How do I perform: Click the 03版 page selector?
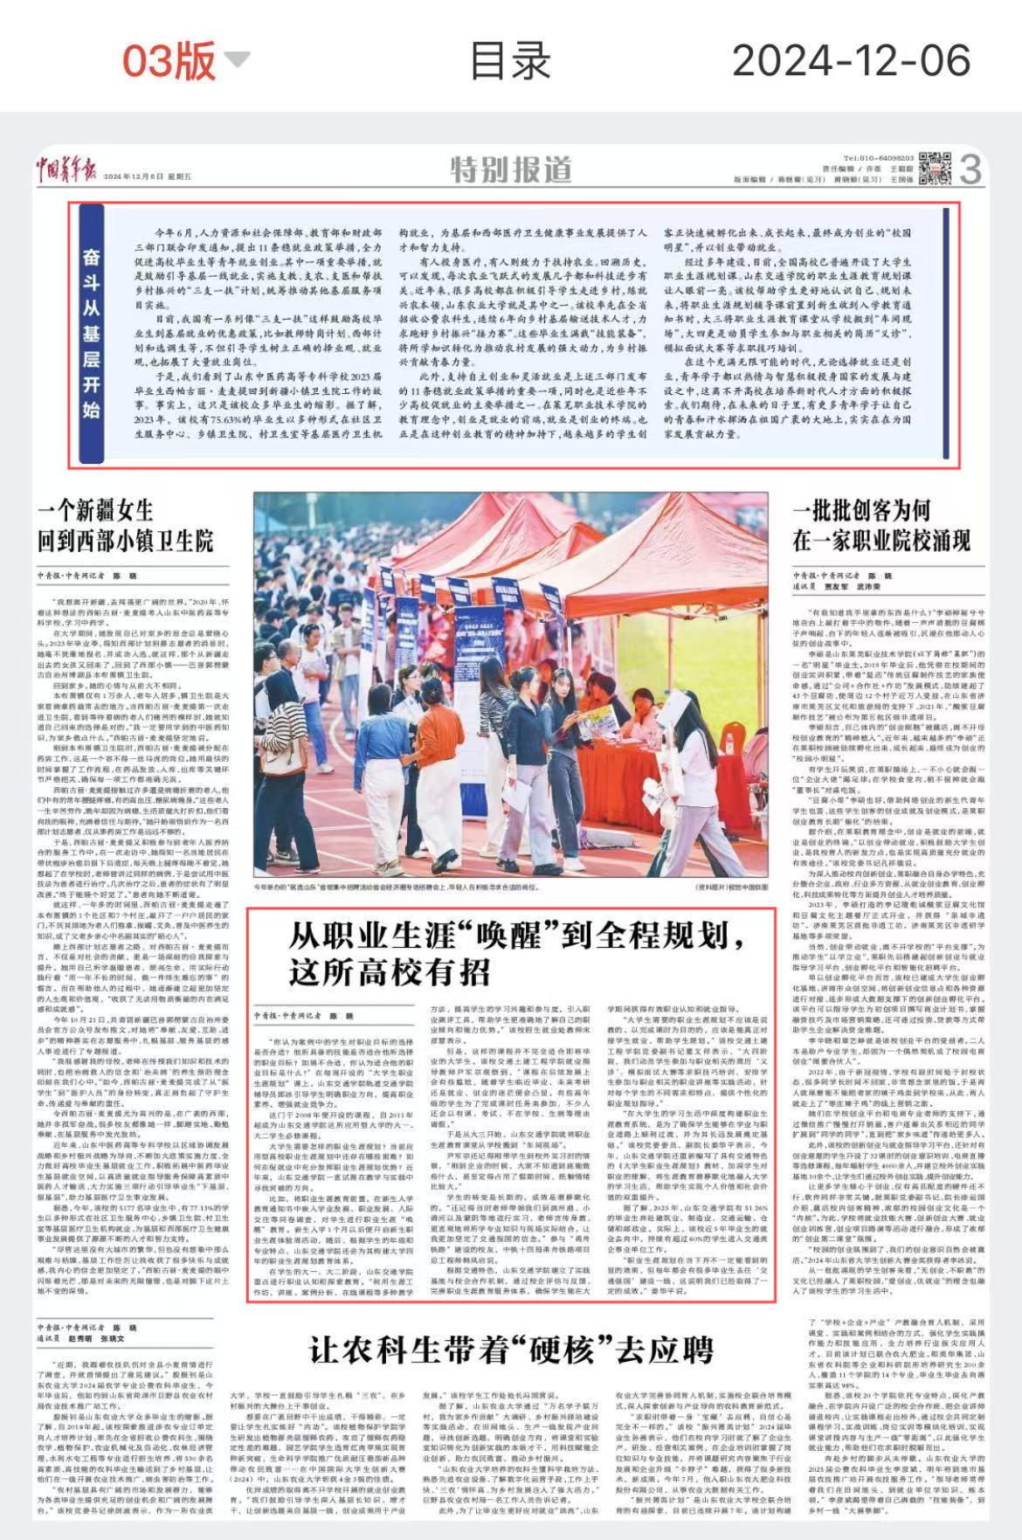[x=168, y=59]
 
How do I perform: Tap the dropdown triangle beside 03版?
[x=237, y=59]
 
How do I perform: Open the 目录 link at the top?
[x=510, y=59]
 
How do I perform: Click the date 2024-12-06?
[x=851, y=59]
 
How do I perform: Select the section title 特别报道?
[x=511, y=169]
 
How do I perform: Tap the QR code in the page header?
[x=935, y=168]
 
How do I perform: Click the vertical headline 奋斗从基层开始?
[x=91, y=333]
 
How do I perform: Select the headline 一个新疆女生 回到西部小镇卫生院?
[x=125, y=526]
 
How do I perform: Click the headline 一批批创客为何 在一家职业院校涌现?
[x=881, y=526]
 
